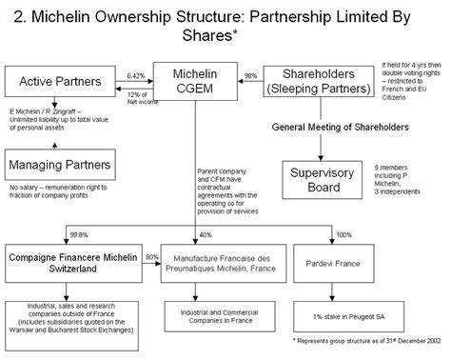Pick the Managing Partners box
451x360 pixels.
(x=56, y=163)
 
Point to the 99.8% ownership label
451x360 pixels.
(x=82, y=234)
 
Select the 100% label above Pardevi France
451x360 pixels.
(x=344, y=234)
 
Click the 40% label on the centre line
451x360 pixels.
(x=205, y=234)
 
